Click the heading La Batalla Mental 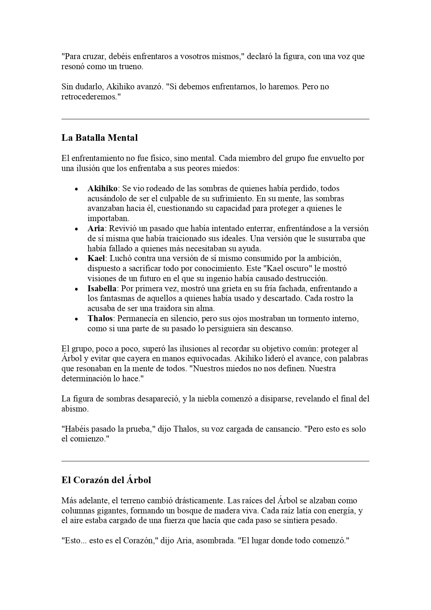(99, 138)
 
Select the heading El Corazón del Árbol (106, 480)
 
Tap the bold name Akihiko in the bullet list (102, 189)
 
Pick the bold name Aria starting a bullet (96, 229)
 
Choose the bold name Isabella (102, 288)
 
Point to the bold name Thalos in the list (100, 318)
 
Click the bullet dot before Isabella (76, 289)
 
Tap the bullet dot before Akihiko (76, 189)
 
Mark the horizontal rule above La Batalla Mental (215, 119)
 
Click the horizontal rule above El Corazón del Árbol (215, 461)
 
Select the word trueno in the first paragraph (131, 67)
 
